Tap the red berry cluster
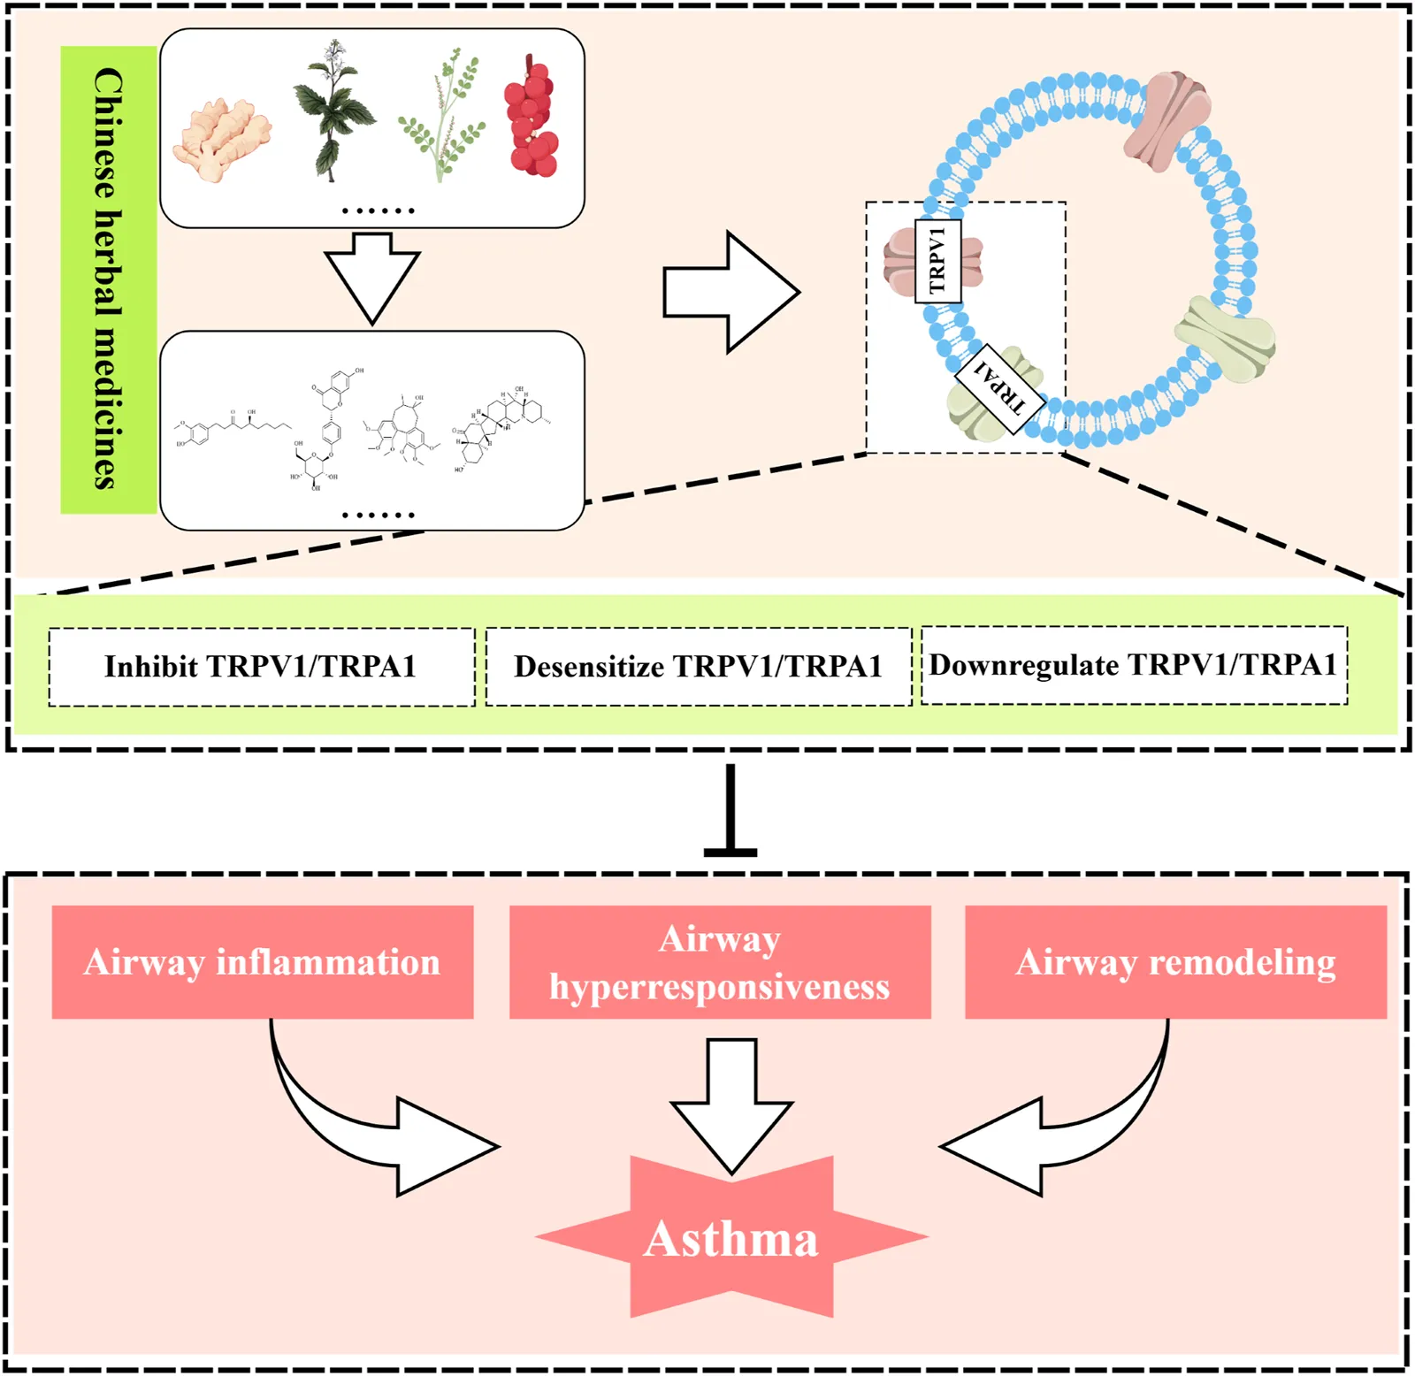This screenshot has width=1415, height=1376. click(x=531, y=118)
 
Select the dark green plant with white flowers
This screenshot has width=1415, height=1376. click(x=334, y=111)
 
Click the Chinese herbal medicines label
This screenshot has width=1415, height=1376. click(x=108, y=279)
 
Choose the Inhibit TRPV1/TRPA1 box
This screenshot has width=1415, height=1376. click(x=261, y=667)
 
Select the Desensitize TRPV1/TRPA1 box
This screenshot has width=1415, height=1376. click(x=698, y=667)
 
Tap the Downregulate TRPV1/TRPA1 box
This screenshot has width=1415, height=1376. click(x=1134, y=665)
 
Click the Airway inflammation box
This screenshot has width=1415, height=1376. click(x=263, y=962)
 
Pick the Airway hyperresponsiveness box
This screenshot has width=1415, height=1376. click(x=720, y=962)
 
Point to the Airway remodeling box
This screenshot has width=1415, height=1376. click(x=1175, y=962)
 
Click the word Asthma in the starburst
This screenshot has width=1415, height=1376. click(x=731, y=1239)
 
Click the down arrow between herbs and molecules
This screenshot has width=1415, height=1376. click(x=372, y=275)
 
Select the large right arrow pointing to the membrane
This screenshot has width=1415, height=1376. click(x=730, y=292)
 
